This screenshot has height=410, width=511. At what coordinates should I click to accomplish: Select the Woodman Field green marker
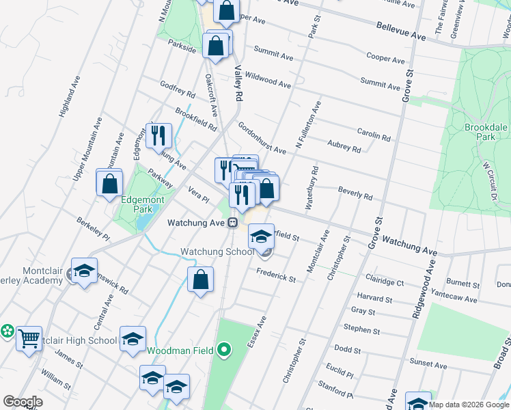[x=224, y=351]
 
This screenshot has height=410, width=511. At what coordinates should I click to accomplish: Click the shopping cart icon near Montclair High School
[x=29, y=338]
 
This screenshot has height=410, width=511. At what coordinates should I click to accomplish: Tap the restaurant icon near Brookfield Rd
[x=159, y=135]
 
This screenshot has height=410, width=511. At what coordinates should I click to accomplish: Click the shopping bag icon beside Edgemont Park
[x=109, y=183]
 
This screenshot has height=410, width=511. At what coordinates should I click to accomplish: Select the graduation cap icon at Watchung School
[x=261, y=236]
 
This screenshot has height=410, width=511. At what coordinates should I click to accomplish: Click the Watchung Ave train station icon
[x=233, y=223]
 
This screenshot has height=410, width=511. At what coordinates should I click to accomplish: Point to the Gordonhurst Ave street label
[x=262, y=138]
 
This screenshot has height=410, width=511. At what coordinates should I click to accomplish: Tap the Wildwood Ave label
[x=268, y=80]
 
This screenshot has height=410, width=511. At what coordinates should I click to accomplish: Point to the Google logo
[x=23, y=402]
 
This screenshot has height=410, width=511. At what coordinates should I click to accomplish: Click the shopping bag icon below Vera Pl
[x=201, y=279]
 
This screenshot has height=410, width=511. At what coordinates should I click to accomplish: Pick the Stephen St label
[x=361, y=329]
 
